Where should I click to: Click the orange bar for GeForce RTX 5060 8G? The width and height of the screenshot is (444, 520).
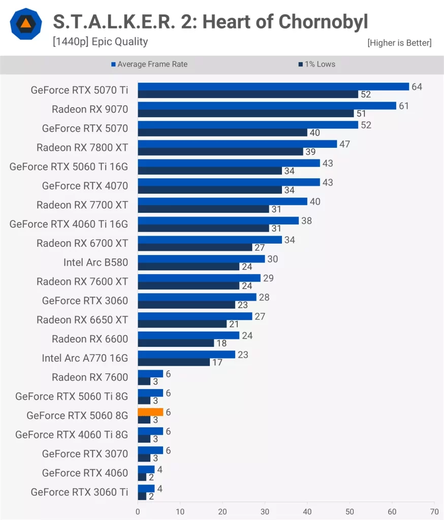click(150, 412)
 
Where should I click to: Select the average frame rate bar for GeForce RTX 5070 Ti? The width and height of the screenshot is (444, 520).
click(273, 86)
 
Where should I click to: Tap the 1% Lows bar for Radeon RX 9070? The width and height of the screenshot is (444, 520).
click(245, 113)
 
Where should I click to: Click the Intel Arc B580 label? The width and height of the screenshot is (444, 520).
click(96, 263)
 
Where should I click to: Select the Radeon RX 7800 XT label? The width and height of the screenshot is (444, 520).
click(82, 148)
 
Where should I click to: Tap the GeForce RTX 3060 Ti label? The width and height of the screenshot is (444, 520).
click(79, 492)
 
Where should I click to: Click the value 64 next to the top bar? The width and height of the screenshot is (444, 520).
click(417, 87)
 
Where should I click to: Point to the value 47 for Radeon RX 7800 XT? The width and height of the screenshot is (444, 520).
click(344, 144)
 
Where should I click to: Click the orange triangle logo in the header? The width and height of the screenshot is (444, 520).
click(25, 24)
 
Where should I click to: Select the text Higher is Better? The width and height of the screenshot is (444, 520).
click(399, 43)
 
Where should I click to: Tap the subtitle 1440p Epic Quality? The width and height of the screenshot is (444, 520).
click(100, 42)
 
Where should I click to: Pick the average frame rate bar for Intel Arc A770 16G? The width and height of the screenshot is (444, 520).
click(186, 354)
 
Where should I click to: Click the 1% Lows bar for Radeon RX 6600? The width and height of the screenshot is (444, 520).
click(176, 343)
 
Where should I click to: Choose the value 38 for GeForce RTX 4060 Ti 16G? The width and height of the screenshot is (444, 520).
click(306, 221)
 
